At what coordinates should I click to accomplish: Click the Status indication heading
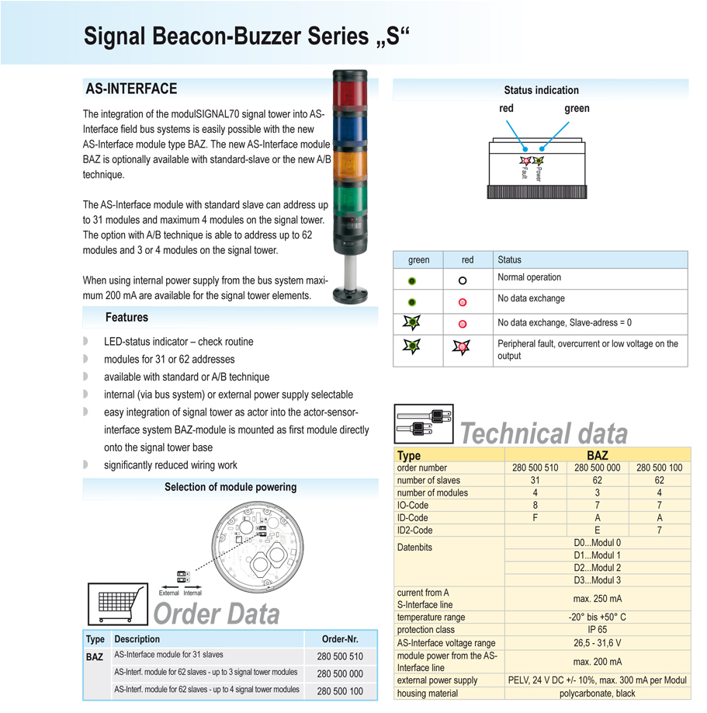click(541, 90)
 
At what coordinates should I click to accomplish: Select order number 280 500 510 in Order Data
click(340, 656)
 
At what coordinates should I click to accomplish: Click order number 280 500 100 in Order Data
click(340, 690)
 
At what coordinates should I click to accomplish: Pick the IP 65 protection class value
click(597, 630)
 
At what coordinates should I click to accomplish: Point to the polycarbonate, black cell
click(597, 693)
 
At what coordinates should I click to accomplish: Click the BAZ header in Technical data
click(597, 455)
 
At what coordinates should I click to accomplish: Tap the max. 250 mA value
click(597, 599)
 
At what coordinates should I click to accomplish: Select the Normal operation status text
click(529, 277)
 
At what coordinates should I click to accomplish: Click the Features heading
click(126, 317)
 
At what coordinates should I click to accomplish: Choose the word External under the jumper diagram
click(168, 593)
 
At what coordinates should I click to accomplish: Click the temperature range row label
click(431, 617)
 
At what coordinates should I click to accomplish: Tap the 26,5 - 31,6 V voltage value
click(597, 643)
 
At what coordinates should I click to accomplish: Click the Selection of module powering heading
click(230, 487)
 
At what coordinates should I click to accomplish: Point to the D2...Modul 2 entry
click(597, 568)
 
